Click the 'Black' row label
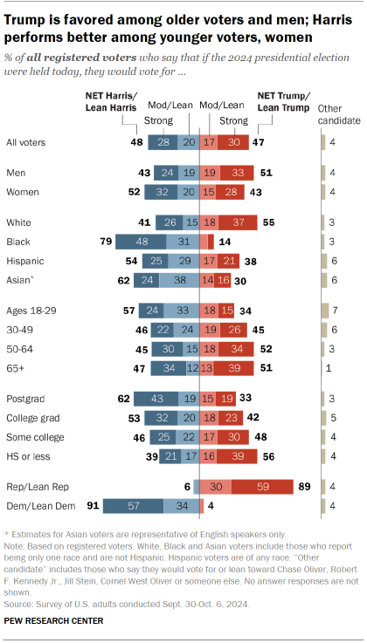click(19, 238)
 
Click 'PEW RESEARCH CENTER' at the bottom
click(53, 621)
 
